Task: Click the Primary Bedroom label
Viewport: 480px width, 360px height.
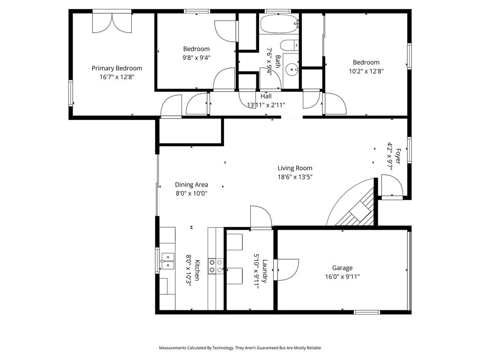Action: tap(117, 68)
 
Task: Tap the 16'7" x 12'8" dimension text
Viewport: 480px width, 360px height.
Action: tap(117, 77)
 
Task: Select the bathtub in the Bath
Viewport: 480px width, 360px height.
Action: tap(279, 23)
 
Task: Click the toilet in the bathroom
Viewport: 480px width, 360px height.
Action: tap(289, 45)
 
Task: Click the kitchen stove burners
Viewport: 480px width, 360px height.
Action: tap(216, 266)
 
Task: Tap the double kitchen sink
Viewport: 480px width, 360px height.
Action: tap(167, 261)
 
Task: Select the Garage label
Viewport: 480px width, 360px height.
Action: tap(342, 268)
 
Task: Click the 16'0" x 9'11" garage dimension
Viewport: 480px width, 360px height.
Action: tap(342, 277)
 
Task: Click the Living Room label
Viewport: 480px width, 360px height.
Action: tap(295, 168)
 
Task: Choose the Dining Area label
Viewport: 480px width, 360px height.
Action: tap(191, 185)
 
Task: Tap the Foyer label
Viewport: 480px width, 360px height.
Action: tap(398, 156)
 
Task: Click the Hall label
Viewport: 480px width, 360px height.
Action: tap(266, 96)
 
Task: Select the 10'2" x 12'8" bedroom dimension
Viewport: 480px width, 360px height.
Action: tap(366, 71)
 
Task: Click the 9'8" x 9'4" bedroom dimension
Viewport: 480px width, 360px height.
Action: tap(196, 58)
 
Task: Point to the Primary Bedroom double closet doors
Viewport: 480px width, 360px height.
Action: tap(112, 23)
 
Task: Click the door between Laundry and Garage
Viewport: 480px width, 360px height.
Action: tap(286, 270)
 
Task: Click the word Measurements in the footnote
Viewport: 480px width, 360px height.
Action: tap(172, 348)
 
